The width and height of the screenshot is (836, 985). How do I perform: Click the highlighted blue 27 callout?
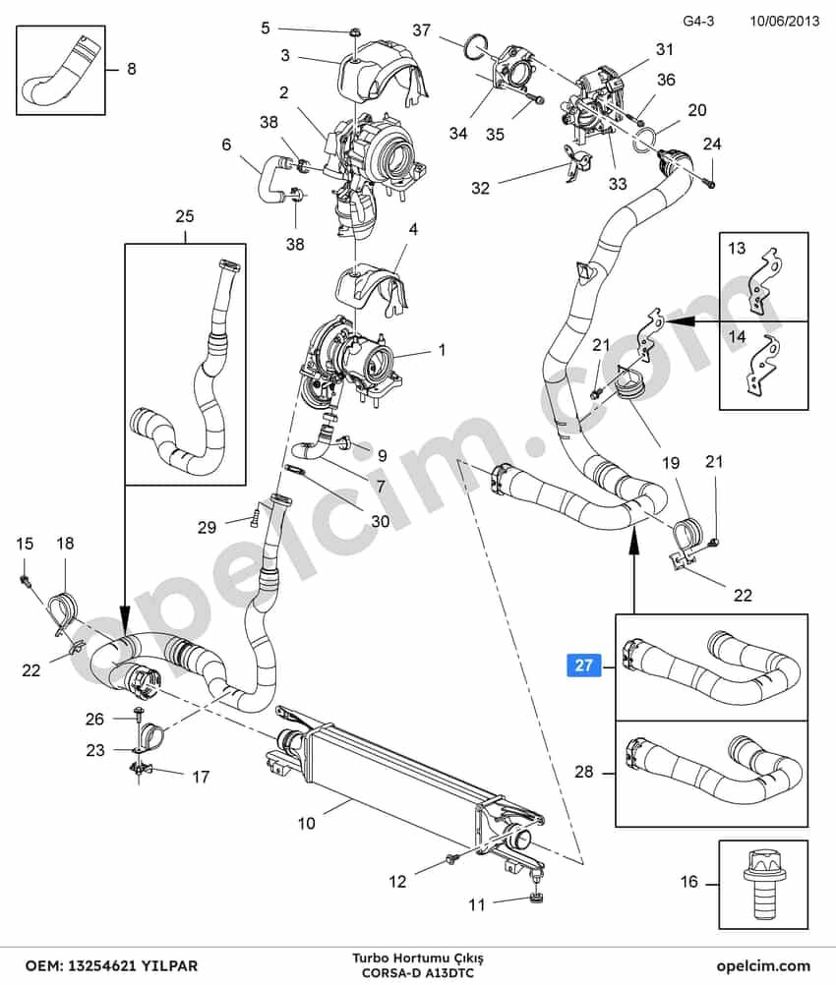[584, 665]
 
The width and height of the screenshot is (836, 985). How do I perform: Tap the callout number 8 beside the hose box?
[132, 69]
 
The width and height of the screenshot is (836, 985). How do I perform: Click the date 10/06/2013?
[785, 21]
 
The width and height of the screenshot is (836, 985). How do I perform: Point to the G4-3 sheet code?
[698, 21]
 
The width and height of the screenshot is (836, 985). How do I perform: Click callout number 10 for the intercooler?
[306, 823]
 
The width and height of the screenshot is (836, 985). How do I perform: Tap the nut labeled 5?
[354, 32]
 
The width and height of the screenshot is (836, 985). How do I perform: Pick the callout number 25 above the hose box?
[185, 216]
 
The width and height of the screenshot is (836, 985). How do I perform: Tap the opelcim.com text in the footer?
[763, 965]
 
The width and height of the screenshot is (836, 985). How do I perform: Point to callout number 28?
[584, 771]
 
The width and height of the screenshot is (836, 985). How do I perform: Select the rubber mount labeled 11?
[536, 898]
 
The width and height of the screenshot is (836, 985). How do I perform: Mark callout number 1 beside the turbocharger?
[442, 349]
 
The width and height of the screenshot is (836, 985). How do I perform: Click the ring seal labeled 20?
[645, 139]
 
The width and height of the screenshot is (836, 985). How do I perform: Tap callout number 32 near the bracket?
[480, 188]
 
